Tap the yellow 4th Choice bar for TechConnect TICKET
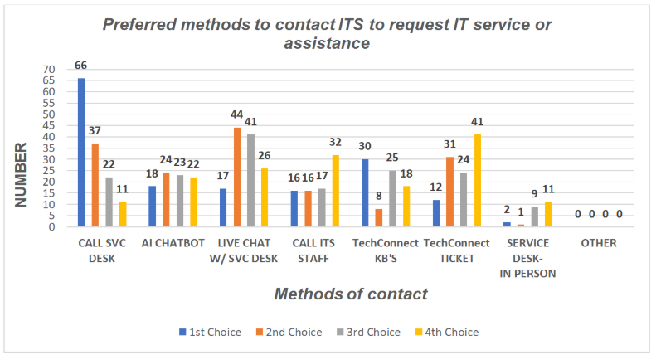pyautogui.click(x=478, y=181)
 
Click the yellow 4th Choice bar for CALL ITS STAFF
pyautogui.click(x=335, y=191)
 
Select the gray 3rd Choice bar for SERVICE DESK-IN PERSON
pyautogui.click(x=535, y=217)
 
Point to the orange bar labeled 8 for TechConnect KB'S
pyautogui.click(x=379, y=218)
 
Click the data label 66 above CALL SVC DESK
pyautogui.click(x=81, y=66)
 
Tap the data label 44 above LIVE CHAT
pyautogui.click(x=237, y=114)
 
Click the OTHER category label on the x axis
pyautogui.click(x=599, y=242)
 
